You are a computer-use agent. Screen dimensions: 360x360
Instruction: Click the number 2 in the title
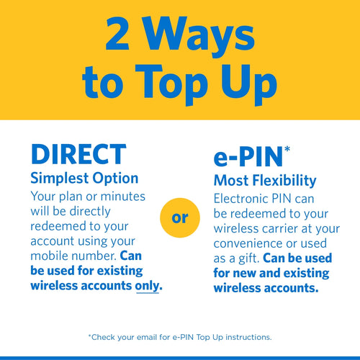(117, 33)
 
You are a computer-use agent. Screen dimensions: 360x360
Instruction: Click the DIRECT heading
(78, 154)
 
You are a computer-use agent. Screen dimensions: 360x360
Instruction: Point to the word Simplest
(60, 179)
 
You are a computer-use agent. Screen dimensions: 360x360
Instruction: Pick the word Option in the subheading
(115, 179)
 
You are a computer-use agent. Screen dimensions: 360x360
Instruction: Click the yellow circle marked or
(180, 218)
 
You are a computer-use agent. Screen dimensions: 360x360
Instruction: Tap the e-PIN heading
(248, 157)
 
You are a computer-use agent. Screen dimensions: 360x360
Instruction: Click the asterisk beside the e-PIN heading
(287, 149)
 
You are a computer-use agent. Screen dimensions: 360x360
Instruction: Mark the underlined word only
(148, 286)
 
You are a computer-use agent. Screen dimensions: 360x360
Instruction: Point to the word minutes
(123, 197)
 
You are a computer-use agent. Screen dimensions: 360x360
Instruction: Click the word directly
(90, 212)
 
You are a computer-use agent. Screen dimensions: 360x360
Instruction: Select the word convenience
(248, 244)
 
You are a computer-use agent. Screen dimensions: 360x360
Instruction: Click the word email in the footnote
(146, 337)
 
